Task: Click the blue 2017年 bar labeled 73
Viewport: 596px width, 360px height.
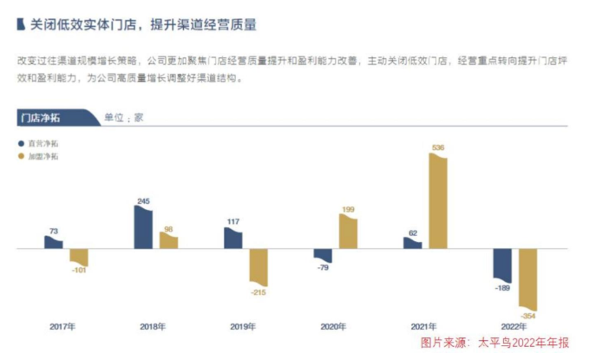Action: coord(54,242)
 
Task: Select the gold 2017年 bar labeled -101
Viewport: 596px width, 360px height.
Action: coord(79,259)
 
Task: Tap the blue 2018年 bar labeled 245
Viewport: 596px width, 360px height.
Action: coord(143,227)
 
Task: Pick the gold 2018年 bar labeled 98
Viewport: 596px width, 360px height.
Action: coord(168,241)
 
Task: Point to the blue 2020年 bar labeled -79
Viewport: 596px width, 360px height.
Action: coord(323,255)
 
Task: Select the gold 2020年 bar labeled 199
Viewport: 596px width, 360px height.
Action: coord(348,232)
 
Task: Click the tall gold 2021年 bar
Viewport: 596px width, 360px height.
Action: coord(438,201)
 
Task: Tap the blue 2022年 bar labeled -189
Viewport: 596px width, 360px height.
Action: coord(502,265)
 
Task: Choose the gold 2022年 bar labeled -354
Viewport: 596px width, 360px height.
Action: coord(527,278)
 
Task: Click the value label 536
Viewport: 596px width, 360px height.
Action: coord(438,148)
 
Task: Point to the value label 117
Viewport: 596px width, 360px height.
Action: coord(233,221)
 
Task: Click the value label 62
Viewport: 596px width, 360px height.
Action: coord(412,232)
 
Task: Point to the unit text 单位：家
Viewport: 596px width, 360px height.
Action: coord(124,117)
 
